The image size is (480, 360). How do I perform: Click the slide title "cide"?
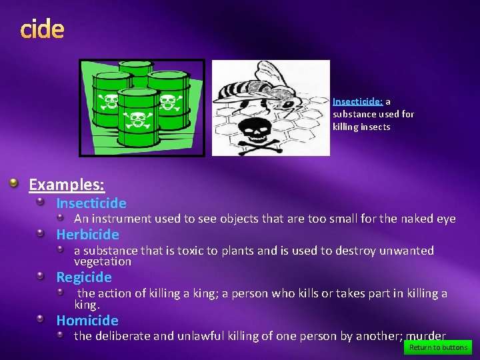42,29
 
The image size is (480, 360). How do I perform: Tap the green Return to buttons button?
438,347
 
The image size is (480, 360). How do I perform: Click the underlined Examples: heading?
67,185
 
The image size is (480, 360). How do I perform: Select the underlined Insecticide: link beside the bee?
357,102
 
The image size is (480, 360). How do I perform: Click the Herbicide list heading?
87,235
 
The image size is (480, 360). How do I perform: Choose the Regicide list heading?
84,277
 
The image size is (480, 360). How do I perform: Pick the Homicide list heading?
87,321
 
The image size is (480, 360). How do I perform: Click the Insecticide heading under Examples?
91,203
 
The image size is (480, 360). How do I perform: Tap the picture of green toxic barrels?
142,107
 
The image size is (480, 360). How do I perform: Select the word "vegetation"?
103,262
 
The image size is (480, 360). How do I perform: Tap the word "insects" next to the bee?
375,127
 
